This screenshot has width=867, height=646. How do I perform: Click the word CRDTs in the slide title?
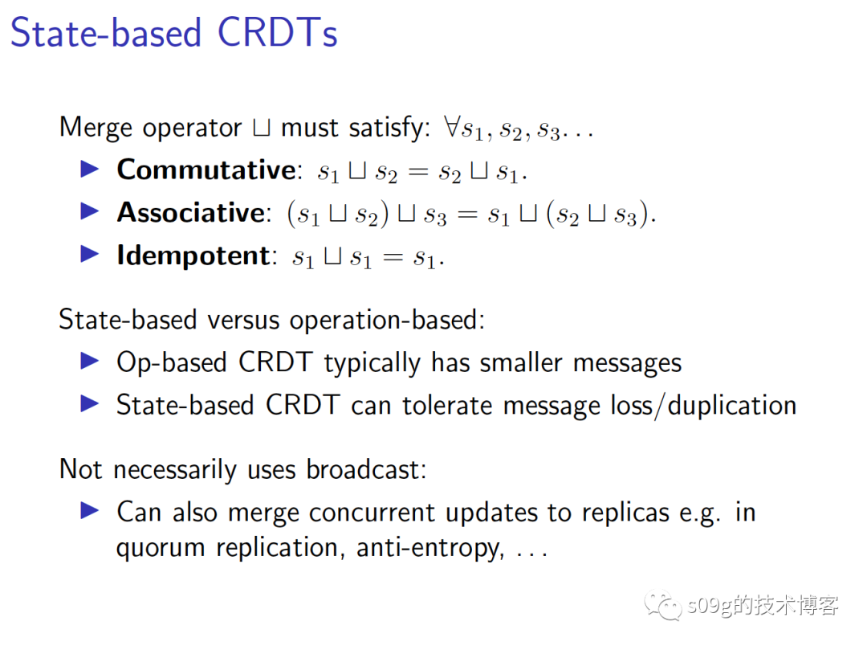277,32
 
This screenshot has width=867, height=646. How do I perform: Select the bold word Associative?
191,213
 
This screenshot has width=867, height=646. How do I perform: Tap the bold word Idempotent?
193,256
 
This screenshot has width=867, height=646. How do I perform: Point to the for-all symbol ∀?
452,126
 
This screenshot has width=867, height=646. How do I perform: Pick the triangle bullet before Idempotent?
90,254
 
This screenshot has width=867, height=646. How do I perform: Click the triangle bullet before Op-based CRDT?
90,361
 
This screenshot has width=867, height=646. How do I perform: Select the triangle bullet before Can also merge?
90,510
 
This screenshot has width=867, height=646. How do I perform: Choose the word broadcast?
367,469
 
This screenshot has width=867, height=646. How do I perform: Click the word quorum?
161,549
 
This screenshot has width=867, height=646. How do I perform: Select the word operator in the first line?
192,129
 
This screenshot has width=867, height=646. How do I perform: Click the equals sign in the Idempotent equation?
393,257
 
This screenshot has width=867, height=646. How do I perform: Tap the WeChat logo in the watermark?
662,605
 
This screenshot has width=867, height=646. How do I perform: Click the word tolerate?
447,405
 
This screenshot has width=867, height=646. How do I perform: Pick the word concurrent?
372,513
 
